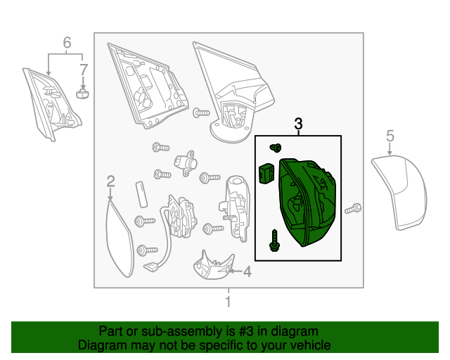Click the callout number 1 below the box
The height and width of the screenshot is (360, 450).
228,302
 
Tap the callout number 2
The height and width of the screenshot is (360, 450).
110,183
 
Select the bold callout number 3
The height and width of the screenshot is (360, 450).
298,124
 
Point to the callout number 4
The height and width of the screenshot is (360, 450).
247,271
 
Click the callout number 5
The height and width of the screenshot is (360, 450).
390,136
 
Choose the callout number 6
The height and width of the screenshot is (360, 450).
67,43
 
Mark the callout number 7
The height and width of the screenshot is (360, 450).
83,70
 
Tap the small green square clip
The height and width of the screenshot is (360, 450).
266,172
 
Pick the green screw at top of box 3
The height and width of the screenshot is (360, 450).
276,148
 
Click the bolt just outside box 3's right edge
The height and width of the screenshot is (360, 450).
354,208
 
